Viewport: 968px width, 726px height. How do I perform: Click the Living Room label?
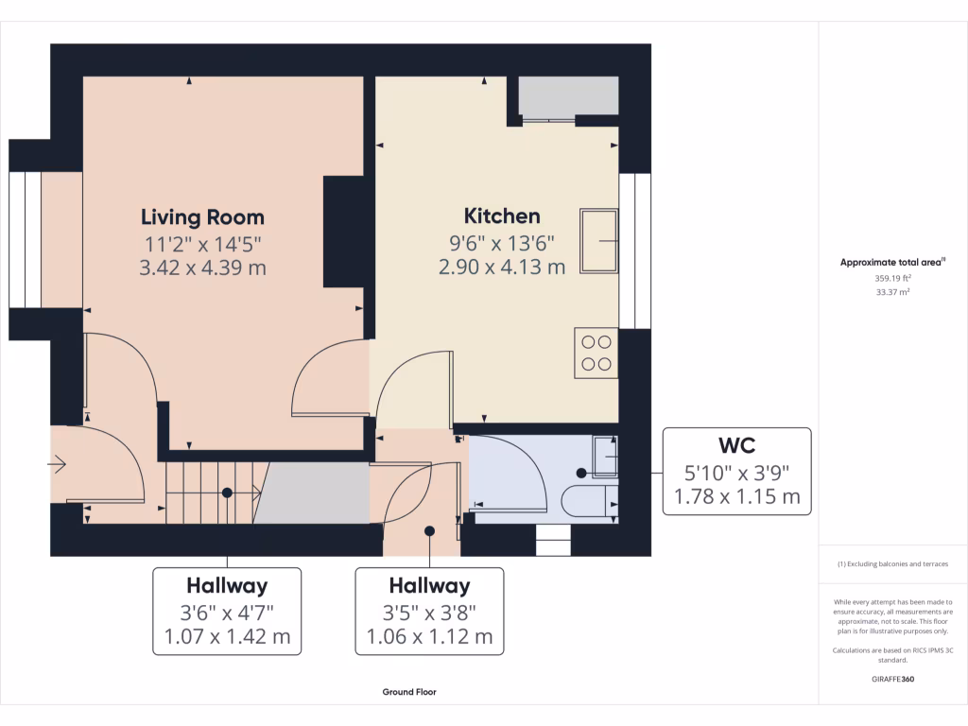(202, 217)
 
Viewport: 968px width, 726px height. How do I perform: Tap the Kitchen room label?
(502, 216)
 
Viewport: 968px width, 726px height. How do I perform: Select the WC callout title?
(736, 443)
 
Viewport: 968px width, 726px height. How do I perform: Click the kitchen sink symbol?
(599, 241)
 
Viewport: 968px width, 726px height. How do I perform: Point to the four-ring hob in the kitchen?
(596, 353)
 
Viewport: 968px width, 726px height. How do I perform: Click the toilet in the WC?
(585, 498)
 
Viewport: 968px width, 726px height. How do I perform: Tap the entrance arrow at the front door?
(57, 464)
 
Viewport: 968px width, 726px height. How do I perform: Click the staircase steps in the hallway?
(214, 492)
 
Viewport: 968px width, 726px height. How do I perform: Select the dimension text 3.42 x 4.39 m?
(202, 268)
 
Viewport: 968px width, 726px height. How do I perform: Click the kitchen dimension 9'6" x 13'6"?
(502, 242)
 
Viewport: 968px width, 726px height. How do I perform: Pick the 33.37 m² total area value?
(893, 293)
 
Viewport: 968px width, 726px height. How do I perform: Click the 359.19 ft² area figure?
(893, 279)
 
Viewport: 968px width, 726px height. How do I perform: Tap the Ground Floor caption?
(409, 692)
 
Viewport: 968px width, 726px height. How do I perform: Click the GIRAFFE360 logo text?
(893, 679)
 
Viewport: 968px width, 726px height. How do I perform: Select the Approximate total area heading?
(891, 263)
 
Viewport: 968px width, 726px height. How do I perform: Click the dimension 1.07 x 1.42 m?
(227, 636)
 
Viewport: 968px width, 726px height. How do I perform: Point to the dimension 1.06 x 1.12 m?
(429, 636)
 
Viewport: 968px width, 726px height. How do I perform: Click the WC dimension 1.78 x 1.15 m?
(736, 496)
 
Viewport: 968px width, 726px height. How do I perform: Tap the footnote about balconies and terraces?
(893, 564)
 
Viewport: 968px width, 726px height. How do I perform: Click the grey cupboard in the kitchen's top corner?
(568, 96)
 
